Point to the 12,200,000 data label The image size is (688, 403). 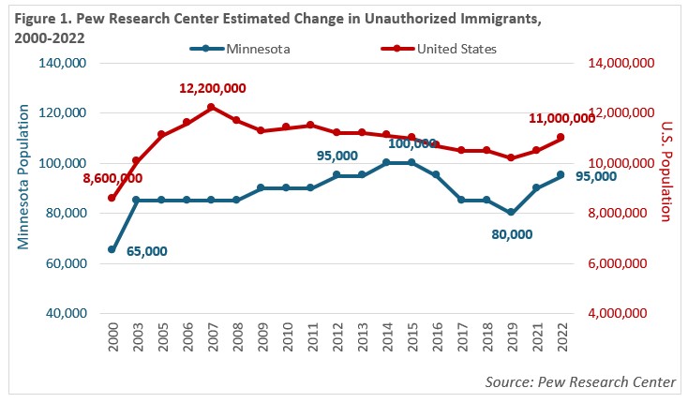tap(212, 88)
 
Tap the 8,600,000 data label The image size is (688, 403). tap(112, 177)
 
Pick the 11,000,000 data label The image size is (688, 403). tap(562, 118)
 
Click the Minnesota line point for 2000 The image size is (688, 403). tap(112, 249)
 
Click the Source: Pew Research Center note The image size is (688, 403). tap(581, 381)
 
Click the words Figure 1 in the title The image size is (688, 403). tap(43, 15)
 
